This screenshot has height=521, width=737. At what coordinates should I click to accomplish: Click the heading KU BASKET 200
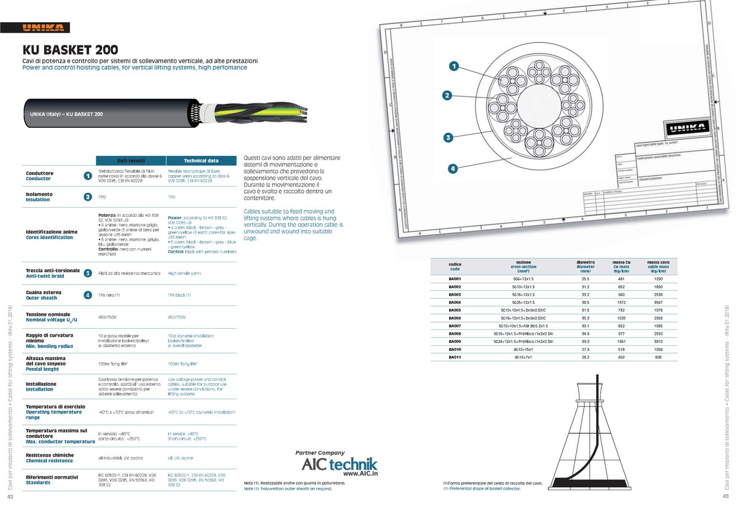point(71,50)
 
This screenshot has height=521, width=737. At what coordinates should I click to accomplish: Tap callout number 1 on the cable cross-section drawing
point(453,66)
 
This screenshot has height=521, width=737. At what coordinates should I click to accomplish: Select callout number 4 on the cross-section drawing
point(453,169)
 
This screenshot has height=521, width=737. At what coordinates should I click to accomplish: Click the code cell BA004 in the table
point(454,302)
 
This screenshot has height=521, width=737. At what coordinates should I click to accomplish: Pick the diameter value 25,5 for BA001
point(585,279)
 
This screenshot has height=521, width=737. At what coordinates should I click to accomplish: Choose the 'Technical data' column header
point(201,160)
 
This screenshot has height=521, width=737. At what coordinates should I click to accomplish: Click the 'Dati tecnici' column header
point(131,160)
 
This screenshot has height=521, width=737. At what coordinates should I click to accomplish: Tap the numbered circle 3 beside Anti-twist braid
point(88,273)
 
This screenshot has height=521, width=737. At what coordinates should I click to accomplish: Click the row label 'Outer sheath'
point(41,298)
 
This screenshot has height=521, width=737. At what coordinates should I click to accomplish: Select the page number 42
point(10,497)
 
